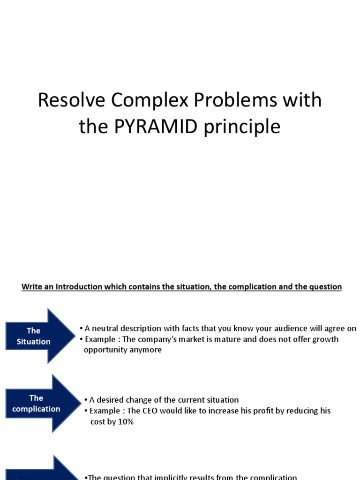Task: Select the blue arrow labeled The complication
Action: tap(42, 403)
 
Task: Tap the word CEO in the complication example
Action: tap(151, 411)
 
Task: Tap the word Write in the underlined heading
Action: tap(31, 286)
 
